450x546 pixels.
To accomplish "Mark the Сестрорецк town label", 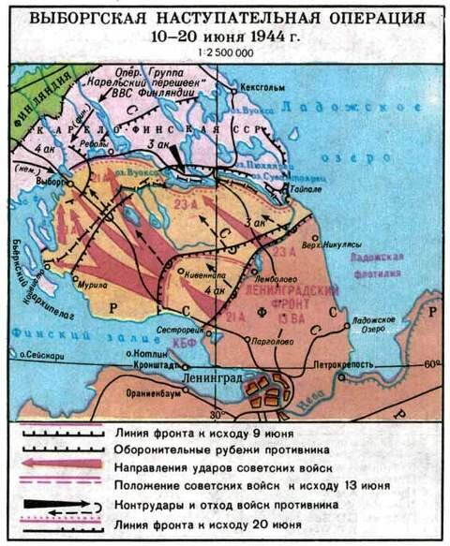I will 177,330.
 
